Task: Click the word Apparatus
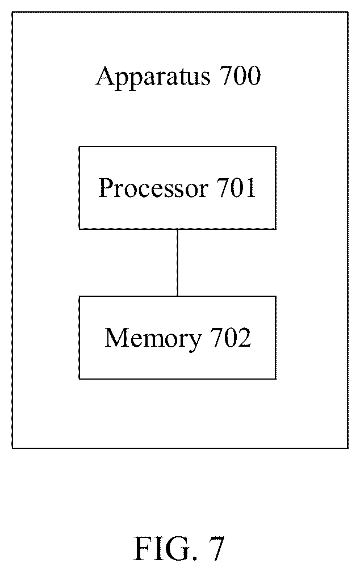pos(153,78)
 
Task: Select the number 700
pos(240,76)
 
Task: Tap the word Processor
pos(153,188)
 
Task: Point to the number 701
pos(236,188)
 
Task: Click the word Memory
pos(153,339)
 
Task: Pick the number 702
pos(231,337)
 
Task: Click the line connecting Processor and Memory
pos(177,263)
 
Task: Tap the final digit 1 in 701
pos(250,188)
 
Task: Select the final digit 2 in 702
pos(245,337)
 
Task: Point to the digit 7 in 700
pos(227,76)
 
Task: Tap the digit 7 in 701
pos(224,188)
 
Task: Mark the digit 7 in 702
pos(217,338)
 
